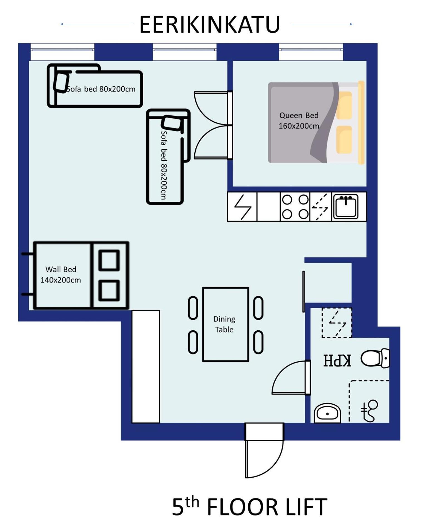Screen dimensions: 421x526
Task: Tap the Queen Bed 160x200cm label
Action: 299,121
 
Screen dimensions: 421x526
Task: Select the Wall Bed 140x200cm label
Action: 61,274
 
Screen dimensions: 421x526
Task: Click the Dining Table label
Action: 224,324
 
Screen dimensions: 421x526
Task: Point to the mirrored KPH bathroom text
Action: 337,360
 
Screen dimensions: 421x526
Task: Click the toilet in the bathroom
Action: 375,358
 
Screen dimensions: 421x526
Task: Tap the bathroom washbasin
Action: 327,413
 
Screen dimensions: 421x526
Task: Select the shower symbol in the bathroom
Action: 369,411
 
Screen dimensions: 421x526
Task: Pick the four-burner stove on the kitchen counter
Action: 295,207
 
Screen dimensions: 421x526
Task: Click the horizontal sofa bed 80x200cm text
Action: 101,89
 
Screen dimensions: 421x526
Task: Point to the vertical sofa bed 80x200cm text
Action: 164,165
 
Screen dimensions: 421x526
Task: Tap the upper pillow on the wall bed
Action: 109,260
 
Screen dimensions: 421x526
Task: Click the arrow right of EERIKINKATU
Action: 321,24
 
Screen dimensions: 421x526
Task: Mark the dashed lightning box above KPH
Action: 337,323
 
